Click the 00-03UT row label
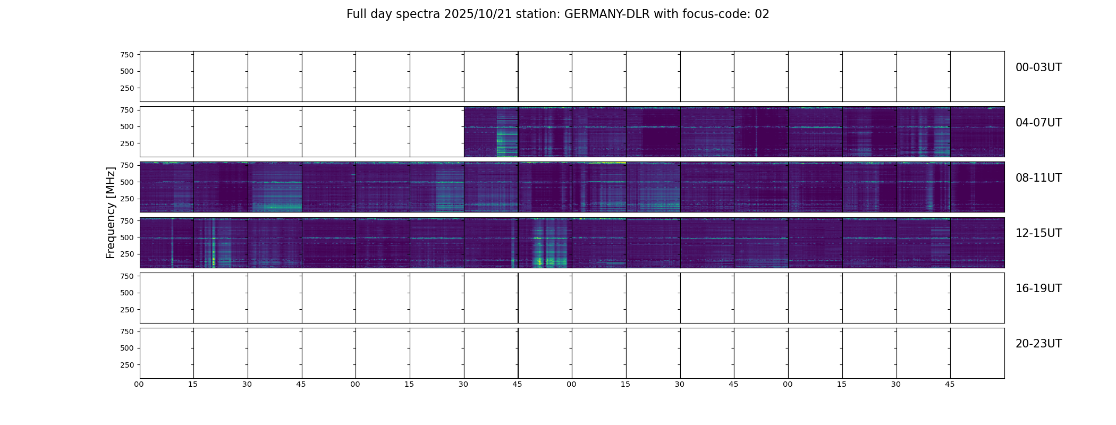pyautogui.click(x=1038, y=67)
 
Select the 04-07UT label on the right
pyautogui.click(x=1038, y=123)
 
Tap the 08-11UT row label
pyautogui.click(x=1038, y=178)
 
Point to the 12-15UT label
pyautogui.click(x=1038, y=233)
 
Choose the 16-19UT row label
pyautogui.click(x=1038, y=288)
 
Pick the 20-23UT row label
pyautogui.click(x=1038, y=344)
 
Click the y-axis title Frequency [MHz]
pyautogui.click(x=111, y=212)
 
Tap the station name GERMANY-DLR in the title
pyautogui.click(x=607, y=14)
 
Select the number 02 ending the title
pyautogui.click(x=762, y=14)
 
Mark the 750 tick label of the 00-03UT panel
pyautogui.click(x=126, y=55)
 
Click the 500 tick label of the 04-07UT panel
pyautogui.click(x=126, y=127)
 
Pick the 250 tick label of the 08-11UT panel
pyautogui.click(x=126, y=199)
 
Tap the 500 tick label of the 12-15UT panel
pyautogui.click(x=126, y=237)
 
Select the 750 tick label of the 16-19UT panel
pyautogui.click(x=126, y=276)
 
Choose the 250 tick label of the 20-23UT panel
pyautogui.click(x=126, y=365)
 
